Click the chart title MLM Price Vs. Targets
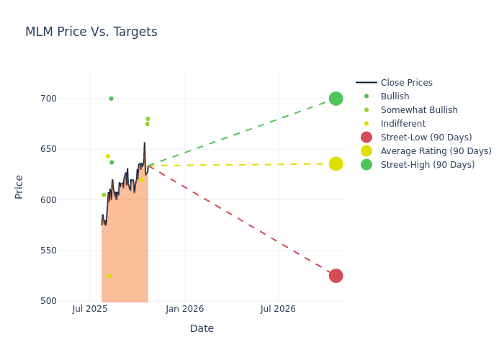(91, 32)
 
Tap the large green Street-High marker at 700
(336, 99)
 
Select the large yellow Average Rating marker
(336, 164)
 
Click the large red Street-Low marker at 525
(336, 276)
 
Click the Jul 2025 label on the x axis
(90, 309)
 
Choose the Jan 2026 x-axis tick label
(184, 309)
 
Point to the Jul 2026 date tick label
(278, 309)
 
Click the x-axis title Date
(202, 328)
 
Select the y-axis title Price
(19, 186)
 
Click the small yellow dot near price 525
(109, 276)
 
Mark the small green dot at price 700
(111, 99)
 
